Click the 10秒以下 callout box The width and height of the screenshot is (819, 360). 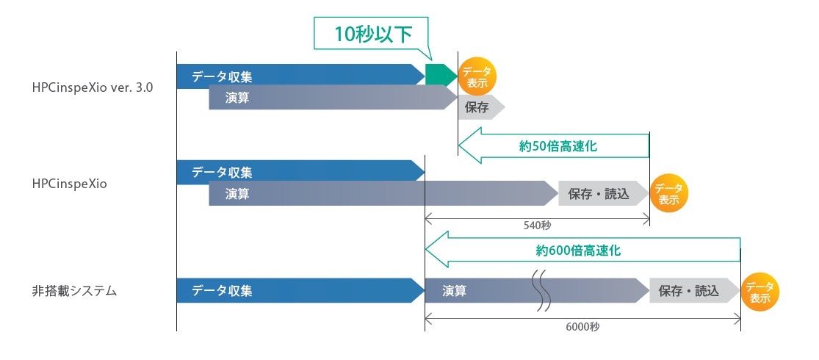pos(372,34)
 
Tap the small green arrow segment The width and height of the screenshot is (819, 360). pos(440,75)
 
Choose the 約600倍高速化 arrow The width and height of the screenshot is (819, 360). pos(580,251)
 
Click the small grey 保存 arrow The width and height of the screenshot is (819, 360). pos(480,107)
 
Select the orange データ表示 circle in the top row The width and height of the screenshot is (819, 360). pos(477,76)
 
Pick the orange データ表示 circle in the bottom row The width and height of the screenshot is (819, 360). pos(760,292)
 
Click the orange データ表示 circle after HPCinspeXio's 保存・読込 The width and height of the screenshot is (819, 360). pos(668,193)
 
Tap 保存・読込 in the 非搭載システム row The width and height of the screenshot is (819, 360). pos(689,291)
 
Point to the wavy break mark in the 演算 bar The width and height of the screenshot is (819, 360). pos(541,290)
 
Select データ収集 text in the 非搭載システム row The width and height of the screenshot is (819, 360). pos(222,290)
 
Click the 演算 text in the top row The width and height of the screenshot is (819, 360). pos(237,98)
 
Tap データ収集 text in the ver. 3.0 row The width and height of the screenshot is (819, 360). pos(223,75)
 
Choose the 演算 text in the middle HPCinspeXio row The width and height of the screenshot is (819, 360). pos(237,194)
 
